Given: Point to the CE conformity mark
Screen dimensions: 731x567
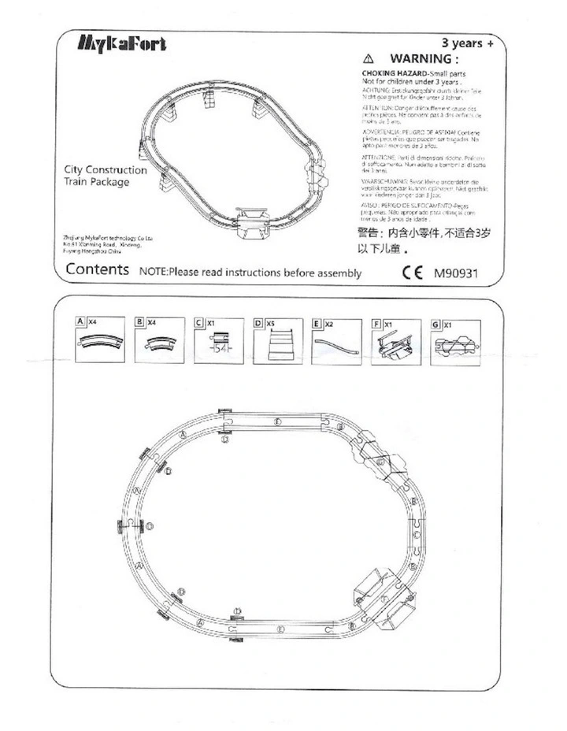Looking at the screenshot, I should (x=413, y=274).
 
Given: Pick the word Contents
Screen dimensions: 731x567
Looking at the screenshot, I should (x=97, y=269).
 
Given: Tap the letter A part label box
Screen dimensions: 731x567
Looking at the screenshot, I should (x=81, y=322).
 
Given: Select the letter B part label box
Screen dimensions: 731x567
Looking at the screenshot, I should (x=139, y=322).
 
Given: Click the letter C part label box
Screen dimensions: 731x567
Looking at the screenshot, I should (x=198, y=322).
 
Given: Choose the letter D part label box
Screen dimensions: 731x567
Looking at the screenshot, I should (x=258, y=322).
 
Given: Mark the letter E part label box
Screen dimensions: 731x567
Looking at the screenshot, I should (x=316, y=322).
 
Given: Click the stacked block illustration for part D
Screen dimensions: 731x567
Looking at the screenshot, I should (x=280, y=346).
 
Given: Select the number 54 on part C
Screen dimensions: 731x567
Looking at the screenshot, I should (x=220, y=350).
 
